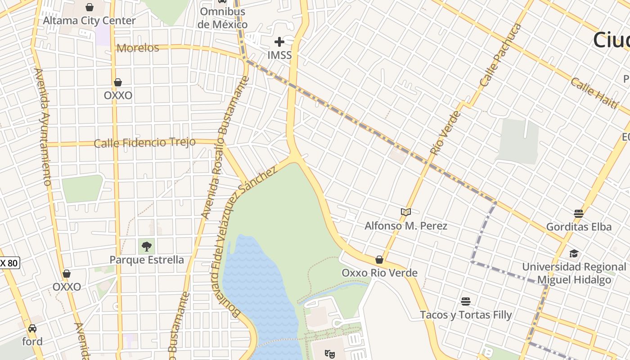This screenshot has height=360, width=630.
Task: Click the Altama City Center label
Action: click(x=89, y=21)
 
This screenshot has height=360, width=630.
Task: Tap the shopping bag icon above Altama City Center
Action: click(x=90, y=7)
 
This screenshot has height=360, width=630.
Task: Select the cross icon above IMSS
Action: click(x=279, y=42)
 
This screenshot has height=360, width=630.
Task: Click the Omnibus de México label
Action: click(x=222, y=18)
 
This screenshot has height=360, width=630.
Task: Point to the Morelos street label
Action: click(x=138, y=48)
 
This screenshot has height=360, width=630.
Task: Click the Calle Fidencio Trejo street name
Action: click(x=144, y=143)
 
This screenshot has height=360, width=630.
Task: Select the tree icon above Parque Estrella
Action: click(x=146, y=246)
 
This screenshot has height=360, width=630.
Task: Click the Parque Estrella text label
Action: click(x=147, y=260)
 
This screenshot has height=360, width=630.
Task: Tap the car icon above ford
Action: click(x=32, y=328)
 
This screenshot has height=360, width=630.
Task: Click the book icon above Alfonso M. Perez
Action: click(x=406, y=212)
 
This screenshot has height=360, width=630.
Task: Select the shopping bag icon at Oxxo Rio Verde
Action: click(x=379, y=260)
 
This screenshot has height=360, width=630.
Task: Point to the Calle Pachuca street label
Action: click(x=500, y=55)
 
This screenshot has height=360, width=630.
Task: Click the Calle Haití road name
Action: click(x=594, y=93)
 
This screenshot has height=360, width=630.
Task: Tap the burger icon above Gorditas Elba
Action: click(x=579, y=213)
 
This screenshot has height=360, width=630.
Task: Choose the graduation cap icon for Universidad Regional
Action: click(x=574, y=253)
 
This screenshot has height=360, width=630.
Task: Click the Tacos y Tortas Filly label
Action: click(x=466, y=315)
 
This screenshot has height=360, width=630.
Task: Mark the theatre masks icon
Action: click(x=330, y=354)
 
